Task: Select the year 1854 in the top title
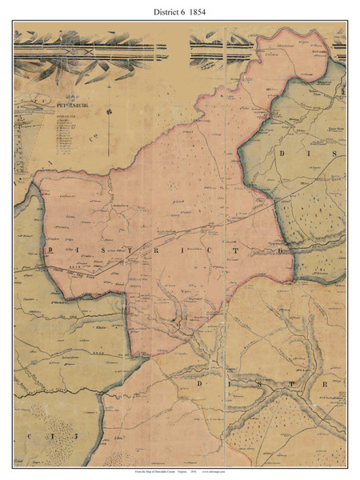[210, 12]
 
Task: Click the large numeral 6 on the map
[280, 251]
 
